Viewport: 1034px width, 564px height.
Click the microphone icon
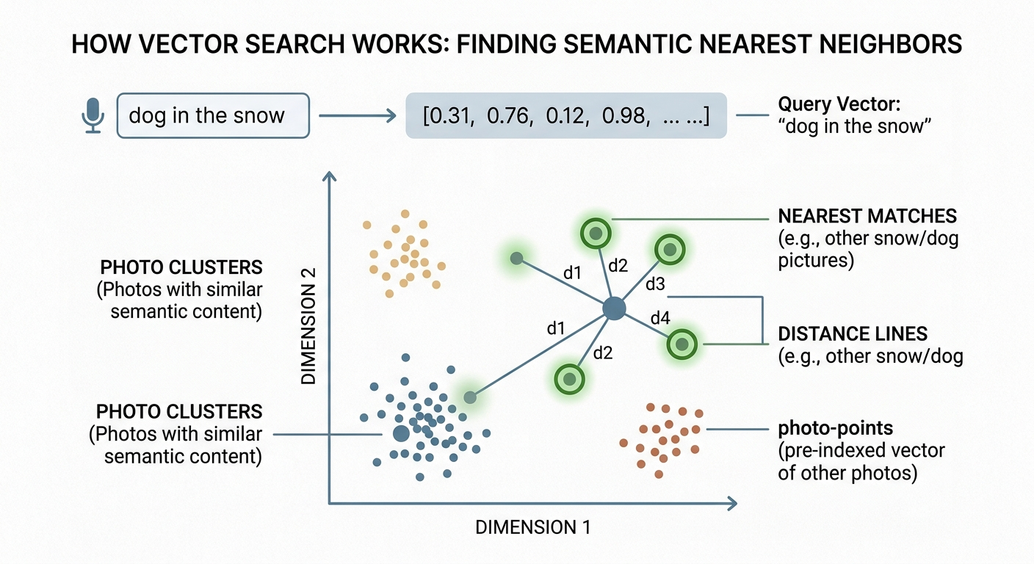tap(93, 115)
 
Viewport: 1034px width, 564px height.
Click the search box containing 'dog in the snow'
tap(213, 115)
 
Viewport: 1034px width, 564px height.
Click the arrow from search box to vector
tap(358, 115)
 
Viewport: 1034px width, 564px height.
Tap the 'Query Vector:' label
tap(839, 104)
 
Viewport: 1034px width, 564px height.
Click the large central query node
tap(615, 308)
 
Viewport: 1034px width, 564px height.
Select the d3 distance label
tap(655, 284)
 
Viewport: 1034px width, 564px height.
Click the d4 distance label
tap(660, 318)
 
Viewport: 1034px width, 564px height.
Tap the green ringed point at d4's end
tap(681, 344)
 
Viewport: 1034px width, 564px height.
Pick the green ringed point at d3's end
tap(670, 250)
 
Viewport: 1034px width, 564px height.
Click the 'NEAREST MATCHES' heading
tap(867, 216)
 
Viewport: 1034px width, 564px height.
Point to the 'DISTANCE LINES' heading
tap(853, 333)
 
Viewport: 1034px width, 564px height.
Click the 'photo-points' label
tap(836, 428)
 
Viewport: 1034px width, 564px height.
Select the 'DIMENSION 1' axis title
tap(533, 527)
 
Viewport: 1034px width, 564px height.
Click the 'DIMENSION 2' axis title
tap(308, 326)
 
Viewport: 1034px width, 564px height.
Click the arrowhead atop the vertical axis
tap(329, 176)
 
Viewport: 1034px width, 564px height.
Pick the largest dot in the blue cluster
tap(401, 433)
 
